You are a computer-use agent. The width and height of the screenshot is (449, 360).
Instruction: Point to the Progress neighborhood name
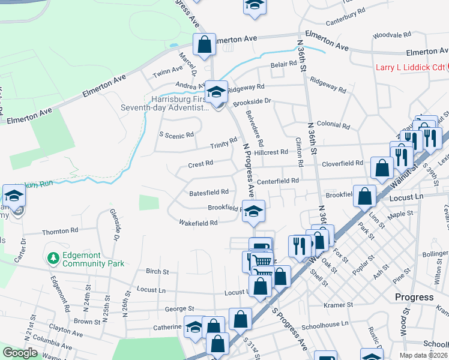[414, 297]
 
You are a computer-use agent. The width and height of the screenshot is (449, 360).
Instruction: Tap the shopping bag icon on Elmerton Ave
[204, 44]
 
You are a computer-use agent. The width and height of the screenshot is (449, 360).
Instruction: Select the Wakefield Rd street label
[197, 223]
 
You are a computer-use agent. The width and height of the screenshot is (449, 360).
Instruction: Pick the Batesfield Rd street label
[209, 193]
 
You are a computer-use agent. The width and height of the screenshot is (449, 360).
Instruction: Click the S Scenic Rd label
[176, 135]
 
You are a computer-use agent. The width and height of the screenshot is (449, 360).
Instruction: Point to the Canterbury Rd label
[345, 16]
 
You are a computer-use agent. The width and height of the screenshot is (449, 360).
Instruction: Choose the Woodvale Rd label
[391, 35]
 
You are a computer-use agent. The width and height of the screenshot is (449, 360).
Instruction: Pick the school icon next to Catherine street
[194, 327]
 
